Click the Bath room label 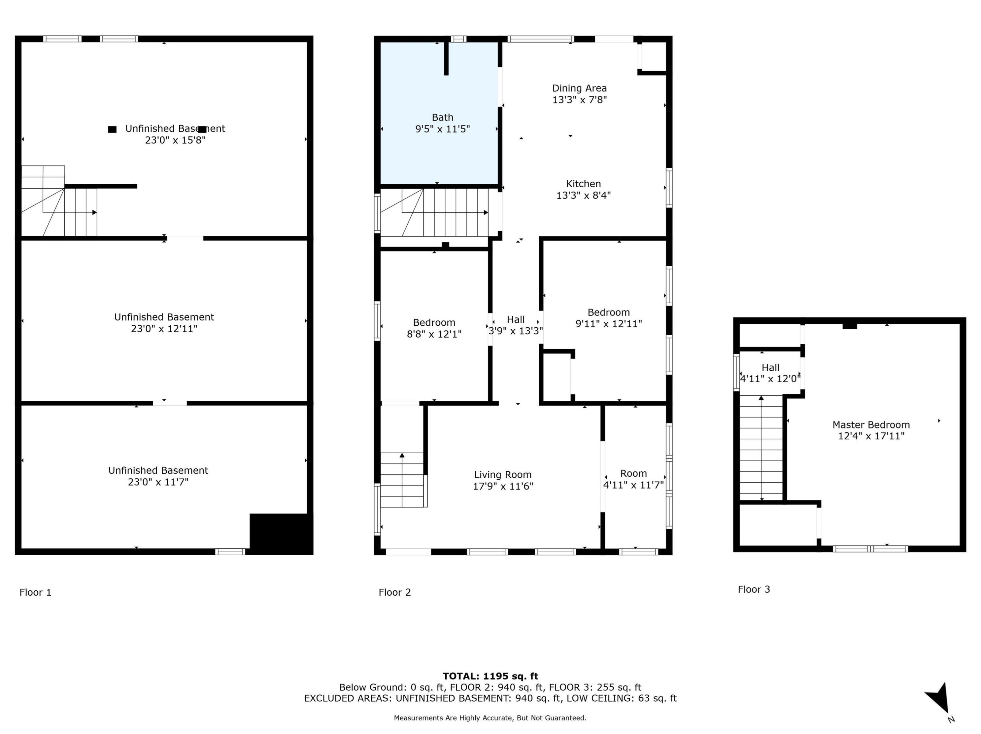442,117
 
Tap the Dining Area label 579,88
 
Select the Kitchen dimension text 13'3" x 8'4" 583,195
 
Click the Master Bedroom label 871,425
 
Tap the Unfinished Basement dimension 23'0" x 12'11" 164,329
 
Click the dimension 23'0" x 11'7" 158,482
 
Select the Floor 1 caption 35,592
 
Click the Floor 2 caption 395,592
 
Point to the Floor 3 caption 754,589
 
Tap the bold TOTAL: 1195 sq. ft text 490,676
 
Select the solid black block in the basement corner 281,534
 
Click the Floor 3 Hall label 770,367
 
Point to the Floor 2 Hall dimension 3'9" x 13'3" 515,331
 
